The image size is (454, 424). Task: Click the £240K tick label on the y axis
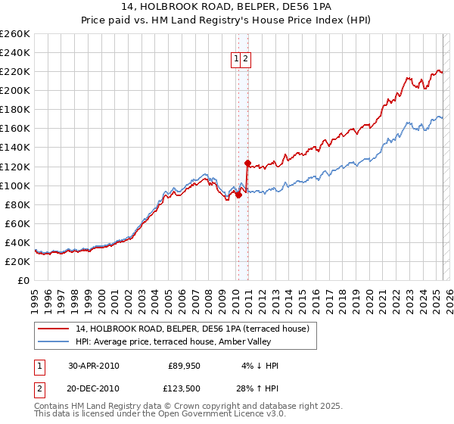coord(14,52)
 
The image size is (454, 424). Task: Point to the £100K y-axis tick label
coord(14,185)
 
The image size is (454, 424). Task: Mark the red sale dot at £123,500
coord(247,163)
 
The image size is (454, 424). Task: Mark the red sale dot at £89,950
coord(238,195)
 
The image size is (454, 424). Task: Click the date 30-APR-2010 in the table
coord(94,366)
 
